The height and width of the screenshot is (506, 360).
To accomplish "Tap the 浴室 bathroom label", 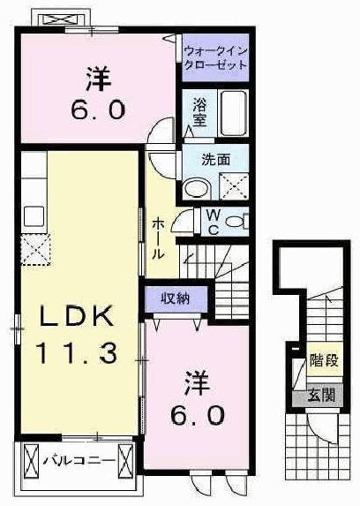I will click(x=199, y=113).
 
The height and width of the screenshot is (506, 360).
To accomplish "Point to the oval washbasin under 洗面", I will click(x=198, y=186).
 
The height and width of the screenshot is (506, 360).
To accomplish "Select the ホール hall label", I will click(x=157, y=238).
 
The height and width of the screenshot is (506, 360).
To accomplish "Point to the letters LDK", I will click(x=74, y=317).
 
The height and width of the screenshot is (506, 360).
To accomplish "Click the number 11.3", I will click(x=76, y=354).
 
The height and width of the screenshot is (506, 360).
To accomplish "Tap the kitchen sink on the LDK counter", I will click(x=34, y=215).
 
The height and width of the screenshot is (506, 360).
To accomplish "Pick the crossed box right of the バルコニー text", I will click(x=124, y=460).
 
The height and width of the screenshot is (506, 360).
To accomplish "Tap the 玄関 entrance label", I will click(x=321, y=396).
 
